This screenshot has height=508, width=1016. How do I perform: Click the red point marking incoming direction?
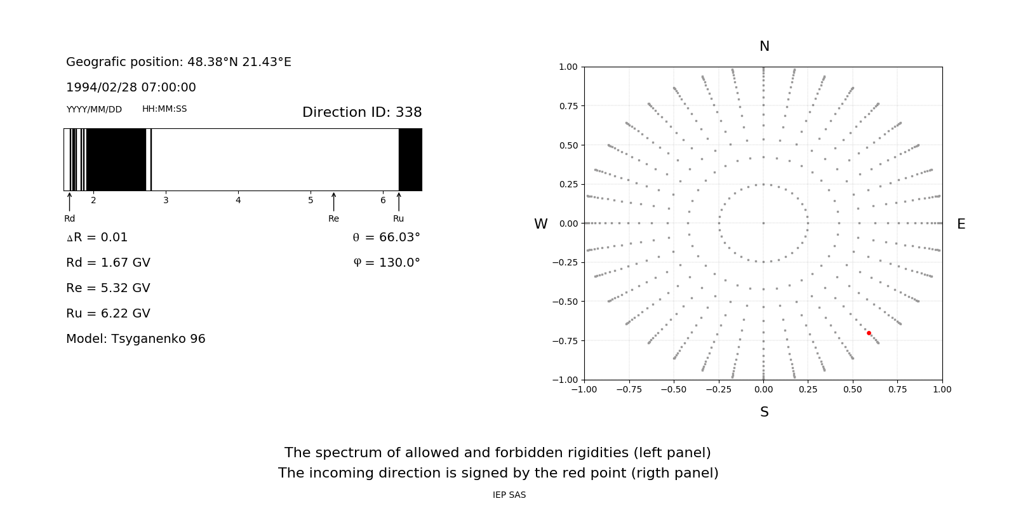869,333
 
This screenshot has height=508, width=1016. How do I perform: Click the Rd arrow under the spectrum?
69,202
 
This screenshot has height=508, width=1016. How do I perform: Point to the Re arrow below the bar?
333,202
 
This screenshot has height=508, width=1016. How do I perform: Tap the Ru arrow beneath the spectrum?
399,202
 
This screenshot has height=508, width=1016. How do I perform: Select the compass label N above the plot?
764,46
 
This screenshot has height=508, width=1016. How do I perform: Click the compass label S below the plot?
764,412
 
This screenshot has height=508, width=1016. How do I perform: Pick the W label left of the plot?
540,224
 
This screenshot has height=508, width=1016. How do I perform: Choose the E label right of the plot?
961,224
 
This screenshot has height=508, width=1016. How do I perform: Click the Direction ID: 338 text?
362,112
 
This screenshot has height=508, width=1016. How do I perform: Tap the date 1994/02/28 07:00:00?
131,87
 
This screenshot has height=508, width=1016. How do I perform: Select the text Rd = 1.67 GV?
108,262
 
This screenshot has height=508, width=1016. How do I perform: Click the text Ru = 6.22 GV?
108,313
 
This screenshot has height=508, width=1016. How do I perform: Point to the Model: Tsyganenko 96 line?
135,338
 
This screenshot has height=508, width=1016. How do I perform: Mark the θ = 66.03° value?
386,237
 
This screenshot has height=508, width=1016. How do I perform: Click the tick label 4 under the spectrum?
238,200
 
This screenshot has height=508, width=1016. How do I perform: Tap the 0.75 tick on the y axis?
568,106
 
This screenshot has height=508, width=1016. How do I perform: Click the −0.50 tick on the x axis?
673,389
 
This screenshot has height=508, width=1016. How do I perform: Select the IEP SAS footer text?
509,495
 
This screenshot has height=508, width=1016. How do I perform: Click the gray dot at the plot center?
763,223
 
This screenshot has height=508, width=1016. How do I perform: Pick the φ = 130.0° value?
386,262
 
